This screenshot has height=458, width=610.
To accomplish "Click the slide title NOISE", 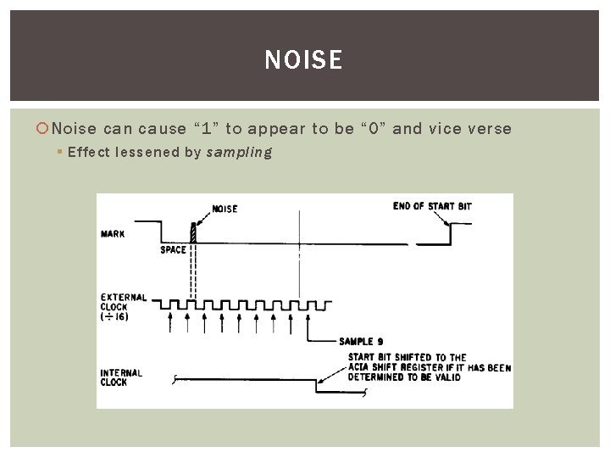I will pyautogui.click(x=303, y=60).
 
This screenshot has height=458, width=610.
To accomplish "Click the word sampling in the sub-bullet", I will pyautogui.click(x=239, y=153).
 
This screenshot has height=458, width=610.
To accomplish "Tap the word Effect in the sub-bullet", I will pyautogui.click(x=88, y=153).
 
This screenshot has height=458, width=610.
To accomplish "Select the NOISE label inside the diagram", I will pyautogui.click(x=225, y=209).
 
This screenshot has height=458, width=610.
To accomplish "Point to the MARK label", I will pyautogui.click(x=113, y=234).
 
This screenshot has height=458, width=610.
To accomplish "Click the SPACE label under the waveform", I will pyautogui.click(x=173, y=250).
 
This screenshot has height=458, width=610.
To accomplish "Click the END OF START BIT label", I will pyautogui.click(x=432, y=206).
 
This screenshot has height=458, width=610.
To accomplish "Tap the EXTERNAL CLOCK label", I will pyautogui.click(x=124, y=302).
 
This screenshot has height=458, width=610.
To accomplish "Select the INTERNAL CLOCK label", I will pyautogui.click(x=121, y=377).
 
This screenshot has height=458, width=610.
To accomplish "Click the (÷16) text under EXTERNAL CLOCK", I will pyautogui.click(x=115, y=317).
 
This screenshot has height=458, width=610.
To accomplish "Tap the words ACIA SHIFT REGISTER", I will pyautogui.click(x=399, y=367).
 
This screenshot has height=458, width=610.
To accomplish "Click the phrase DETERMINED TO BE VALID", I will pyautogui.click(x=404, y=377).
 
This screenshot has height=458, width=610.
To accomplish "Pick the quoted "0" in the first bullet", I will pyautogui.click(x=376, y=129).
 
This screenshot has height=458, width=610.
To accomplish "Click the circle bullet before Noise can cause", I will pyautogui.click(x=44, y=129).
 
